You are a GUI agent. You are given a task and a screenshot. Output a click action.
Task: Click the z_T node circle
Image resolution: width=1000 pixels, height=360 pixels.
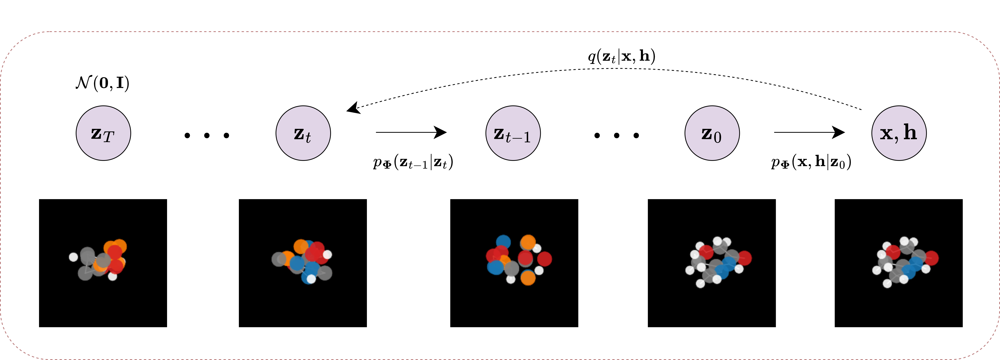pyautogui.click(x=103, y=133)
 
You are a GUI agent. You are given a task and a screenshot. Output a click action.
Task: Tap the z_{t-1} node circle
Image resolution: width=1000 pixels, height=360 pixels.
pyautogui.click(x=513, y=133)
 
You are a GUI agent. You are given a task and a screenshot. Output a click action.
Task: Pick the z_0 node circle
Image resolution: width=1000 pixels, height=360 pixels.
pyautogui.click(x=712, y=133)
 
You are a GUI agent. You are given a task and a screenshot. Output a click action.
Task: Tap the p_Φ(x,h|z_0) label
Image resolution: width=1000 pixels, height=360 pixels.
pyautogui.click(x=811, y=162)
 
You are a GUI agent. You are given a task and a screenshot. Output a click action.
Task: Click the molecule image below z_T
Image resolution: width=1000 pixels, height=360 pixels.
pyautogui.click(x=103, y=263)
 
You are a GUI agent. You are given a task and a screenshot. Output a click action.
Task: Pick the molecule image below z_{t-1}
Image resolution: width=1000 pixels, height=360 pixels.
pyautogui.click(x=514, y=263)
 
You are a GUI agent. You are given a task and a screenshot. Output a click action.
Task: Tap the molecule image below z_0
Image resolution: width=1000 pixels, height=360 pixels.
pyautogui.click(x=712, y=263)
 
